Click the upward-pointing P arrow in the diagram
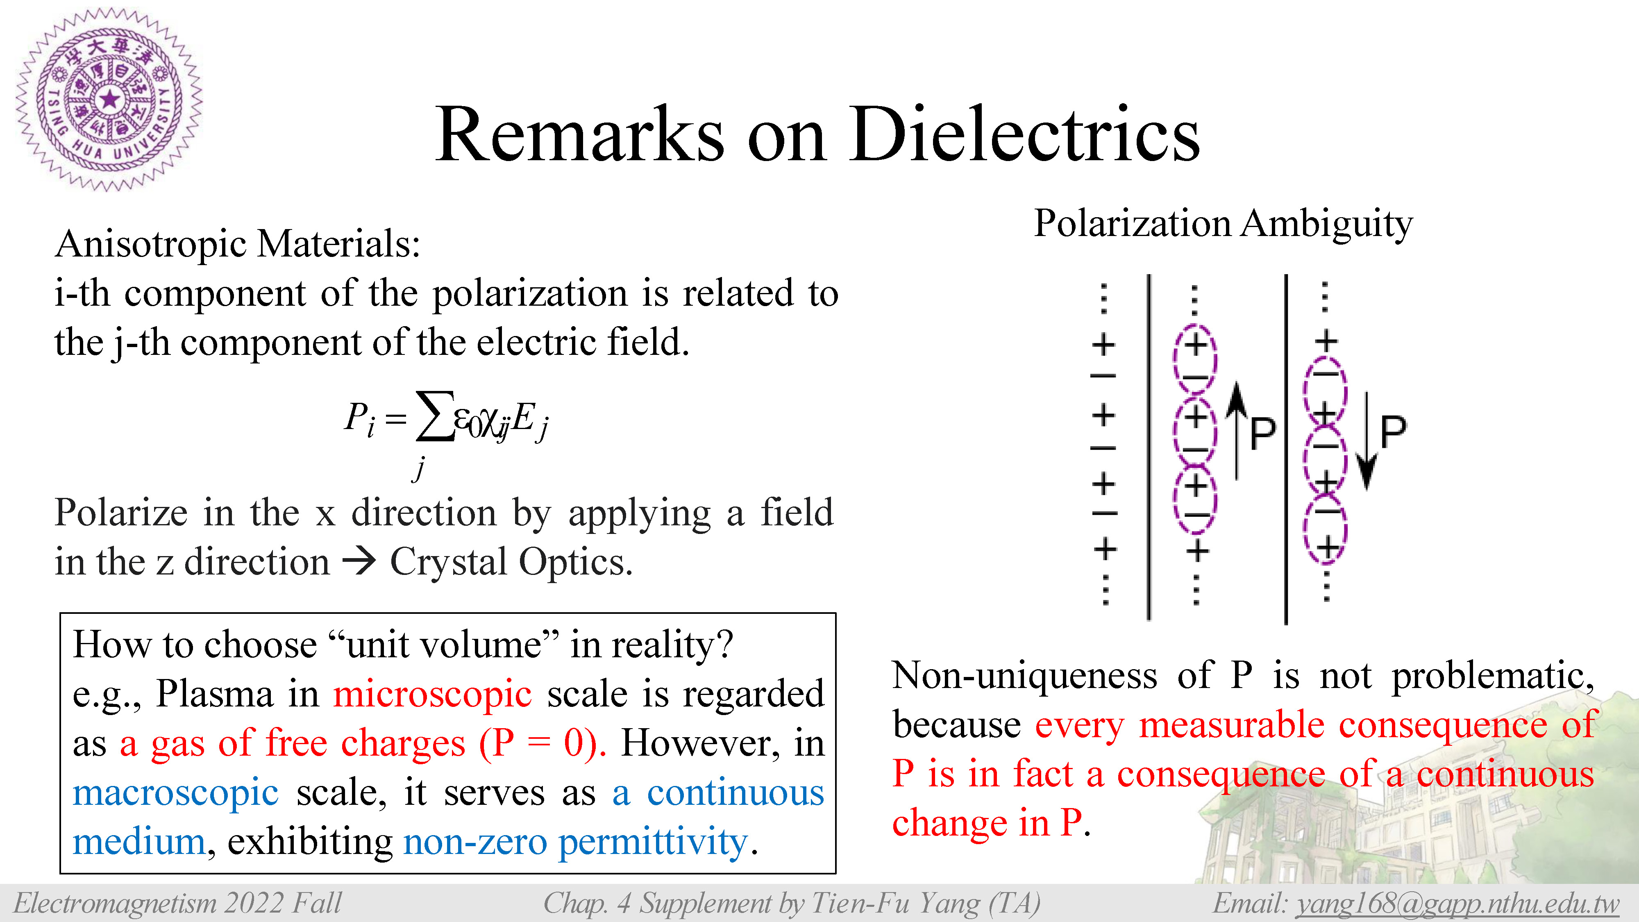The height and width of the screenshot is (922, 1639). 1236,431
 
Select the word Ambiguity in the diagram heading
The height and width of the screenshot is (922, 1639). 1327,225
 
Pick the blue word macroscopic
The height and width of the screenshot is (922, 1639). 176,793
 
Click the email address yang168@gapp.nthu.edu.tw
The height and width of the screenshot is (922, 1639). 1457,903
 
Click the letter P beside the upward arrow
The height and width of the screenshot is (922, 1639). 1263,434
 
